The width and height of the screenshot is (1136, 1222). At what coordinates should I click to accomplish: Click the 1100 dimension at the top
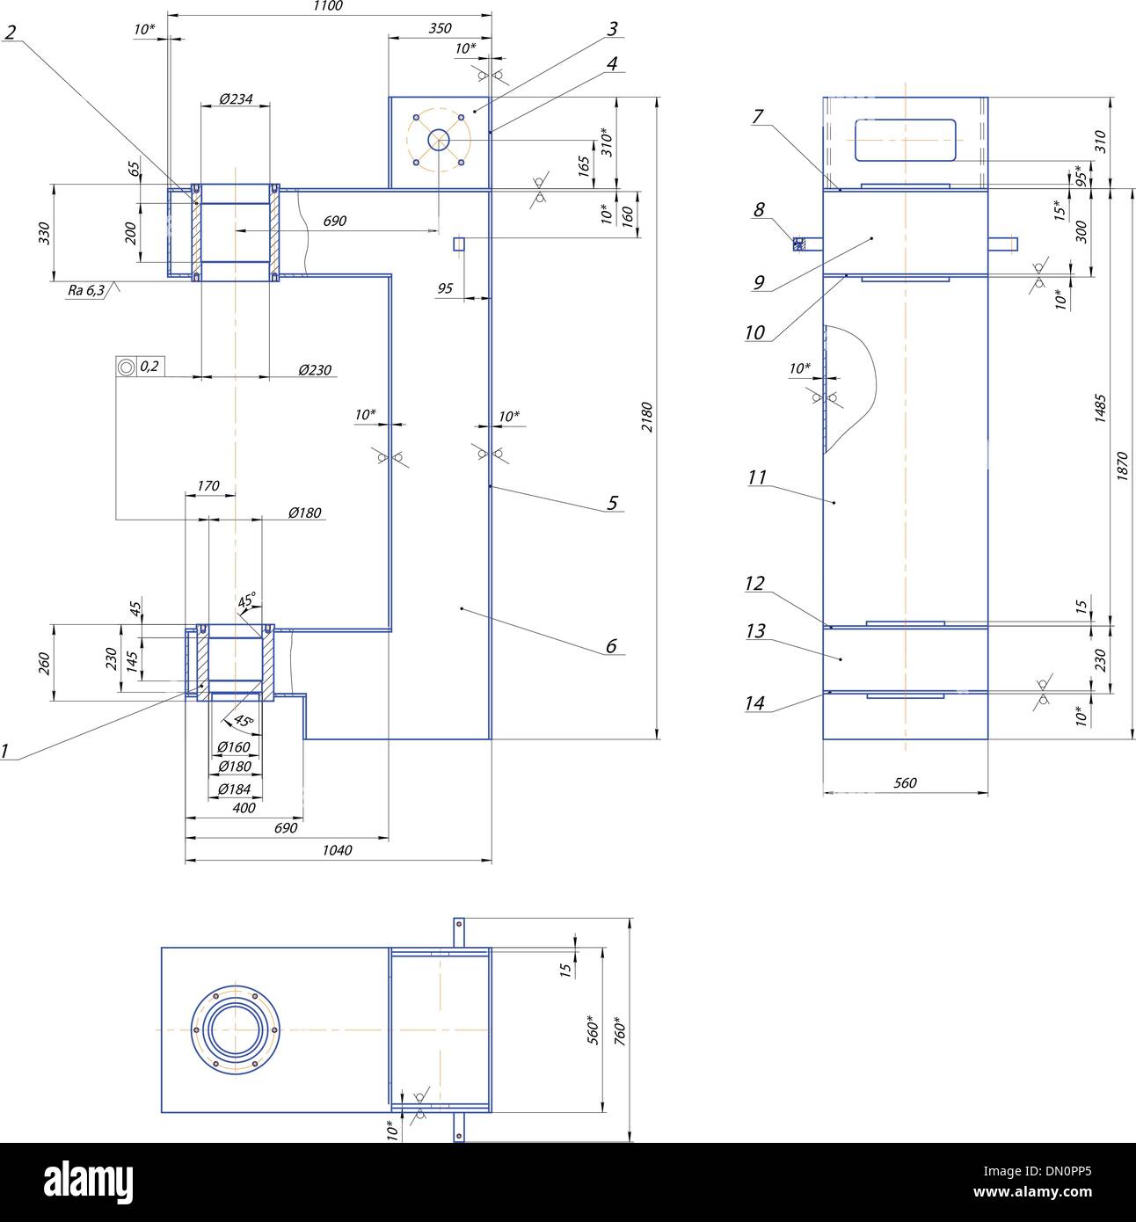327,6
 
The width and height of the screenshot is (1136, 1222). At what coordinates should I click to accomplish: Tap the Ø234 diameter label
235,99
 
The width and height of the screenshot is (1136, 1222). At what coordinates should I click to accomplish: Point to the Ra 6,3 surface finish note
87,289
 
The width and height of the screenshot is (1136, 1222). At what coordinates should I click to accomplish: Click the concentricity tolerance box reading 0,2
140,366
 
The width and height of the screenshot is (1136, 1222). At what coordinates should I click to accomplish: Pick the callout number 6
611,646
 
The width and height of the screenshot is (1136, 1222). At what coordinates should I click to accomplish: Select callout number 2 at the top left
11,33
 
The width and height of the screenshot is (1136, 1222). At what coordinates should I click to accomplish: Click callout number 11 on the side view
757,477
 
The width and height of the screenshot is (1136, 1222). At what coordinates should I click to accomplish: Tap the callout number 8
759,209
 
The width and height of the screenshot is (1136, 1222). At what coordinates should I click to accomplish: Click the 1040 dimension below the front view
338,850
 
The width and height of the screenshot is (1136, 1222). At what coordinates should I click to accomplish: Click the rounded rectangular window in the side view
906,140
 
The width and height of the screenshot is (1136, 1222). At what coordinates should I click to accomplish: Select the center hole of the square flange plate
438,140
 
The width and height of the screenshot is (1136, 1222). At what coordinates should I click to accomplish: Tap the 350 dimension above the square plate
440,28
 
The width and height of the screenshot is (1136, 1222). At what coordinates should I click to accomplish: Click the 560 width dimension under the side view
905,782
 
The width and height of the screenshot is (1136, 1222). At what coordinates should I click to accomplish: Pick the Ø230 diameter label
315,370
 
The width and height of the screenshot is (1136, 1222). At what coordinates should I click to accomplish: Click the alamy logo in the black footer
88,1178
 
